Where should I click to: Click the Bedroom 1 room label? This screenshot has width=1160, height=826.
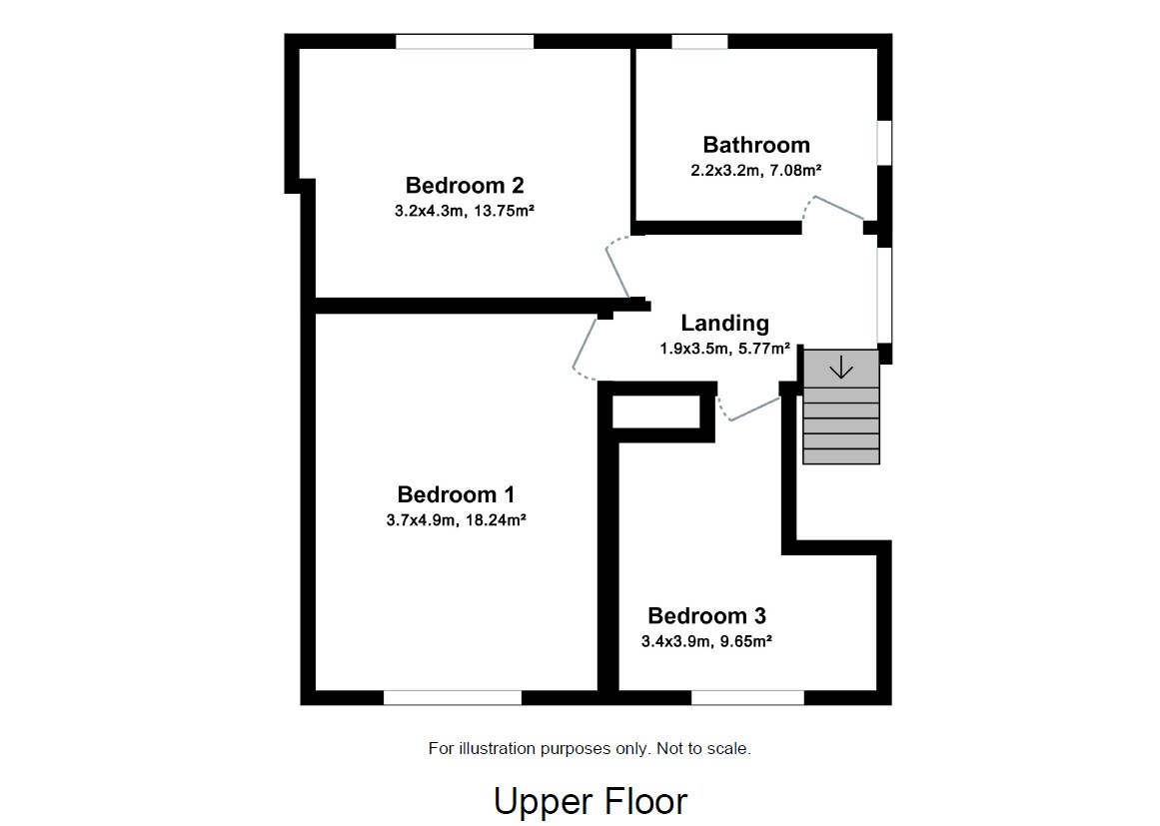coord(456,494)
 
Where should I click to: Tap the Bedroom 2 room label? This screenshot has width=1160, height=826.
coord(465,186)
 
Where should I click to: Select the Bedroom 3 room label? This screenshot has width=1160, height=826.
coord(706,616)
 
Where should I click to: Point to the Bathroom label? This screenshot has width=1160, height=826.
coord(756,145)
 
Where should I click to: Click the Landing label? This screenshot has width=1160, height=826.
coord(724,324)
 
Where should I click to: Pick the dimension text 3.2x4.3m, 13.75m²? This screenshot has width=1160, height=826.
coord(465,211)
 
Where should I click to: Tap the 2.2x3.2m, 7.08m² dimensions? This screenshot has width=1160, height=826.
coord(755,171)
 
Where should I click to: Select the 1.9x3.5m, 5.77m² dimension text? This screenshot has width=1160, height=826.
coord(724,349)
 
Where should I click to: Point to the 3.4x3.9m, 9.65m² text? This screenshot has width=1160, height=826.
coord(706,641)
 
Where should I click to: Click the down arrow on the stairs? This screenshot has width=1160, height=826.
coord(841,368)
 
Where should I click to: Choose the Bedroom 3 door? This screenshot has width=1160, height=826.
coord(751,410)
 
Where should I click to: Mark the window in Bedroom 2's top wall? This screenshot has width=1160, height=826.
coord(464,42)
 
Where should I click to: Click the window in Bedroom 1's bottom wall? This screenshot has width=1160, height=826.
coord(453,697)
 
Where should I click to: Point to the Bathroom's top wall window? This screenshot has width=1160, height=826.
coord(699,42)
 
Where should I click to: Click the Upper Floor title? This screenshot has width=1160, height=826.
coord(590,801)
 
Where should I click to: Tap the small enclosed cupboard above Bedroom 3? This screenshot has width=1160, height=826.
coord(656,412)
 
